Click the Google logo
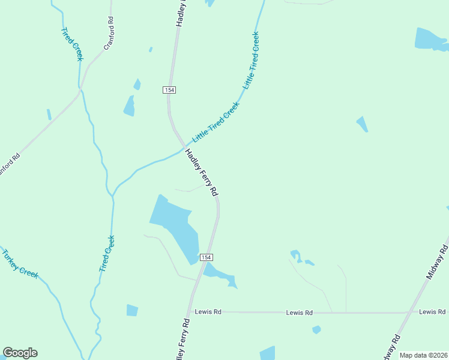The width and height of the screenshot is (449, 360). tap(20, 353)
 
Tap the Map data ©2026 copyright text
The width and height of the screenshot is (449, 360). tap(423, 355)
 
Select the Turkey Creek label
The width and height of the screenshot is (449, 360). tap(20, 263)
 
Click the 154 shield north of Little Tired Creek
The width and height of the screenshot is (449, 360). tap(169, 89)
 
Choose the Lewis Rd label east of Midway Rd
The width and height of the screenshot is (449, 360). tap(432, 312)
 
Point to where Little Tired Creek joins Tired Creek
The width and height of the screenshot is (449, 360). tap(113, 196)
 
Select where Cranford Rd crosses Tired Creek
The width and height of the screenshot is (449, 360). tap(80, 91)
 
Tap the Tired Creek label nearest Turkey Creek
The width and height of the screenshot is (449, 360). tap(107, 254)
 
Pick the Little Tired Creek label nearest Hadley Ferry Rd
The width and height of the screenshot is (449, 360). tap(215, 121)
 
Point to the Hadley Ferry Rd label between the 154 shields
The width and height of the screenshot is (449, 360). tap(201, 172)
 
